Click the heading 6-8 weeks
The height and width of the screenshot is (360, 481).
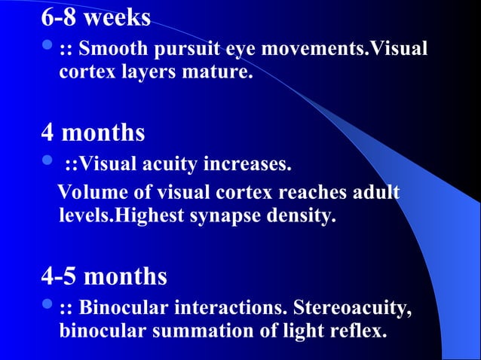[96, 17]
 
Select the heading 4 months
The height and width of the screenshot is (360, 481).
[93, 133]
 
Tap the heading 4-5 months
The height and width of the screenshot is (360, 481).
[104, 276]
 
